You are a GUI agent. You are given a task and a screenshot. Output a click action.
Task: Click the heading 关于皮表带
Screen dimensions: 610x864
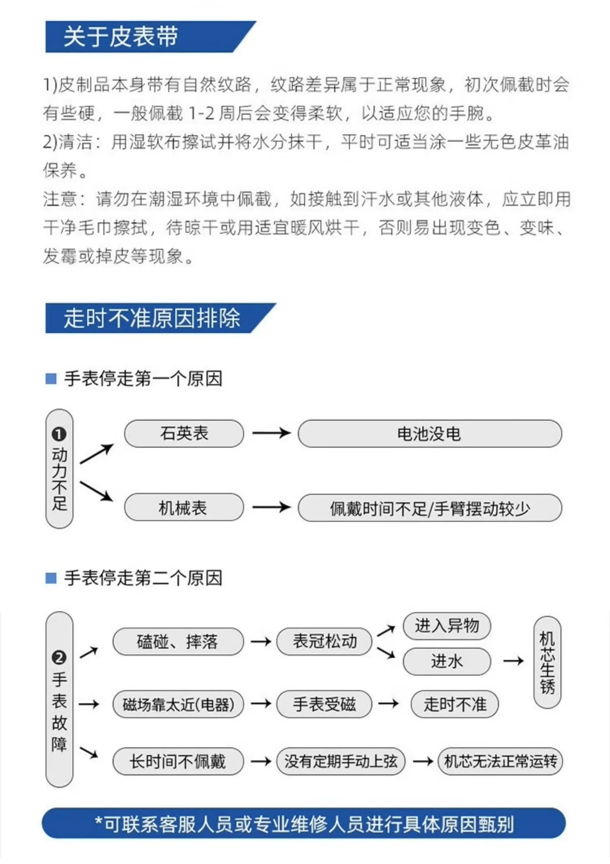pyautogui.click(x=121, y=36)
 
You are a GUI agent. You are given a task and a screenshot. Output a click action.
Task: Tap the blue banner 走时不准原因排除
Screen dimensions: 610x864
pyautogui.click(x=160, y=318)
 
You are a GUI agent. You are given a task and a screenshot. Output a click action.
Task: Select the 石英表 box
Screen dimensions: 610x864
pyautogui.click(x=184, y=433)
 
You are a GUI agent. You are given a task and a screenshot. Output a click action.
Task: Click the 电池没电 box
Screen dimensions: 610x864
pyautogui.click(x=430, y=433)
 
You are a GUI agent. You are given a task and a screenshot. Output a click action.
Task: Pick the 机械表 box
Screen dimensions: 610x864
pyautogui.click(x=184, y=507)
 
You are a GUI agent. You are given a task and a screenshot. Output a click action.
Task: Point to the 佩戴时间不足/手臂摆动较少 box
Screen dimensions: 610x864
pyautogui.click(x=430, y=508)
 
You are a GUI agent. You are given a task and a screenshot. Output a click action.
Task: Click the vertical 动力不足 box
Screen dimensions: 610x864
pyautogui.click(x=59, y=469)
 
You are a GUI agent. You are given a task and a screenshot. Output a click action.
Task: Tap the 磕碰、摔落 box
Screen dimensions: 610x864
pyautogui.click(x=178, y=642)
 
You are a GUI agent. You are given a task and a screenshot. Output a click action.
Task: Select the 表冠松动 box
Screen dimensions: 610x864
pyautogui.click(x=324, y=642)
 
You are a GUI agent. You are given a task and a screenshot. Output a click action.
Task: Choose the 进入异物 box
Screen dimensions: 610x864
pyautogui.click(x=447, y=626)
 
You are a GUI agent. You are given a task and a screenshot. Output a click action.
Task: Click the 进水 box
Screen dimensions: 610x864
pyautogui.click(x=447, y=662)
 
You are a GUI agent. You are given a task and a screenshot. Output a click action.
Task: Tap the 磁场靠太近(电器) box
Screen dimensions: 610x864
pyautogui.click(x=178, y=704)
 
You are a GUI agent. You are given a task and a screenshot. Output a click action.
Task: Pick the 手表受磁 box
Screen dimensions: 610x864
pyautogui.click(x=324, y=704)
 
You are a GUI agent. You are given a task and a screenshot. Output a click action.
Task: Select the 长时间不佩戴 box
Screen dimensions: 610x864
pyautogui.click(x=178, y=761)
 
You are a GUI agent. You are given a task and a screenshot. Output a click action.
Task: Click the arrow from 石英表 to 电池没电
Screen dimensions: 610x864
pyautogui.click(x=271, y=433)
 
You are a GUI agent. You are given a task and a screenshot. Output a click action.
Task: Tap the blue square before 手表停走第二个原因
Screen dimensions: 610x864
pyautogui.click(x=51, y=578)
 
